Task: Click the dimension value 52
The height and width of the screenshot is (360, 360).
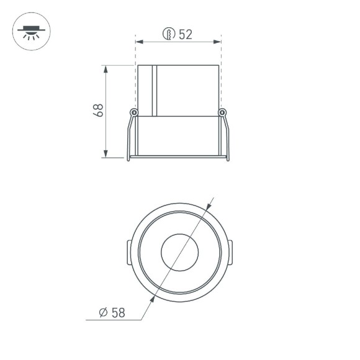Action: click(x=185, y=35)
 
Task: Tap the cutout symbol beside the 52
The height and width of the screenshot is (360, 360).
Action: click(x=168, y=35)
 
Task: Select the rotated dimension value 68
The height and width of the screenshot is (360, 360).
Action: click(x=97, y=110)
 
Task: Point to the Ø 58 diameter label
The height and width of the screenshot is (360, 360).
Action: click(x=112, y=312)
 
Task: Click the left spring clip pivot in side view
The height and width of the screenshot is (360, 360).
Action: click(x=133, y=112)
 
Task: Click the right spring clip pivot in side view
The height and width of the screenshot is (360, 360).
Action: click(x=223, y=112)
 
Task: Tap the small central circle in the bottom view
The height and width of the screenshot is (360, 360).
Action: click(x=179, y=252)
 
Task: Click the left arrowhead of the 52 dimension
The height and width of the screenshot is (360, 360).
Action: click(x=139, y=42)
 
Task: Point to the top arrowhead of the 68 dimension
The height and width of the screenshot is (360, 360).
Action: click(x=106, y=68)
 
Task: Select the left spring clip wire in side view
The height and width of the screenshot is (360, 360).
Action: click(x=129, y=138)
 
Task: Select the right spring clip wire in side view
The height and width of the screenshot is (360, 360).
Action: click(x=227, y=138)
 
